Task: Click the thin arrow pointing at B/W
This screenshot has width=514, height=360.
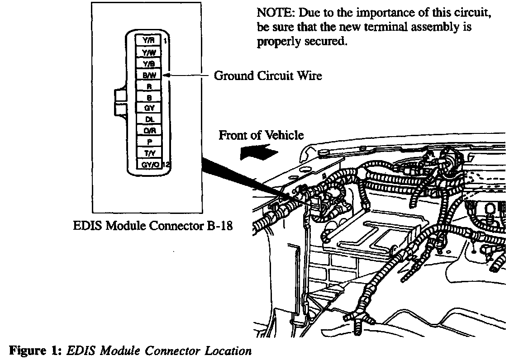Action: pos(181,76)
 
